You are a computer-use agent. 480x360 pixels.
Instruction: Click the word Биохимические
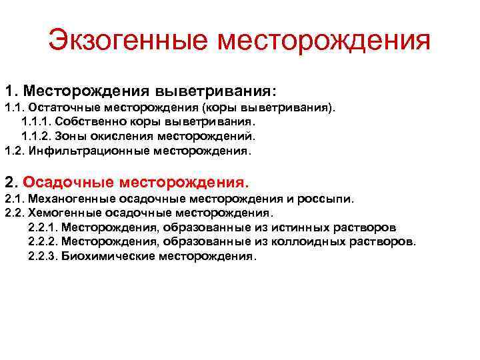click(108, 255)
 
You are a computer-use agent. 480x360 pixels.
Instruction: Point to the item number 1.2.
click(13, 150)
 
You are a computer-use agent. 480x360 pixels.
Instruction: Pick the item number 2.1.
click(13, 199)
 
